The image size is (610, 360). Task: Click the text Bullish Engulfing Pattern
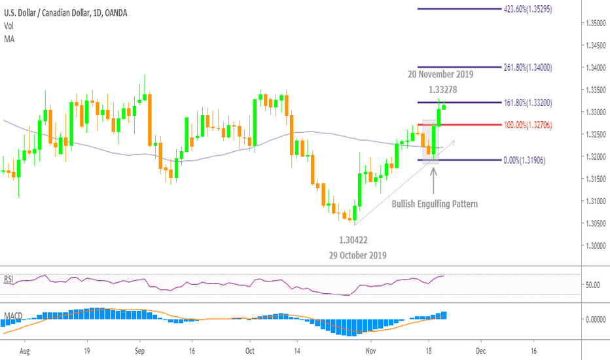435,204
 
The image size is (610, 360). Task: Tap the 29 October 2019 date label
357,255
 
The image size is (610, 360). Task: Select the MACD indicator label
12,316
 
